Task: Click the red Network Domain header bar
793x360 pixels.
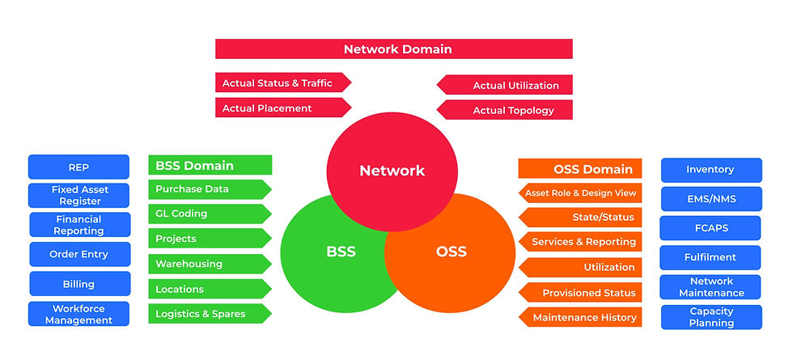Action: [393, 49]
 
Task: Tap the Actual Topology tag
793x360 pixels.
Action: [506, 109]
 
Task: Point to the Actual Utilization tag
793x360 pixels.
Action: [506, 85]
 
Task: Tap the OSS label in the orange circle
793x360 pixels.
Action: [451, 251]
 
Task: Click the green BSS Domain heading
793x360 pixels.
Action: [210, 166]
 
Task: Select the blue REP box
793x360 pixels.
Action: [78, 167]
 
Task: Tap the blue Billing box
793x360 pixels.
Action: [79, 284]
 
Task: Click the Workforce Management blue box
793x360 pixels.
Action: [78, 314]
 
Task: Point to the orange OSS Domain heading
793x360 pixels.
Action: [580, 169]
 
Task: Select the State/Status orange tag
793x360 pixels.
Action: [580, 217]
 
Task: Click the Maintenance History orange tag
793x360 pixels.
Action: [580, 318]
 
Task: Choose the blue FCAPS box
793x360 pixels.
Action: [710, 228]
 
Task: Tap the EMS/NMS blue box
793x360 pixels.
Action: [710, 198]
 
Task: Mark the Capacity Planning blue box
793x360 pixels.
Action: [711, 317]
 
